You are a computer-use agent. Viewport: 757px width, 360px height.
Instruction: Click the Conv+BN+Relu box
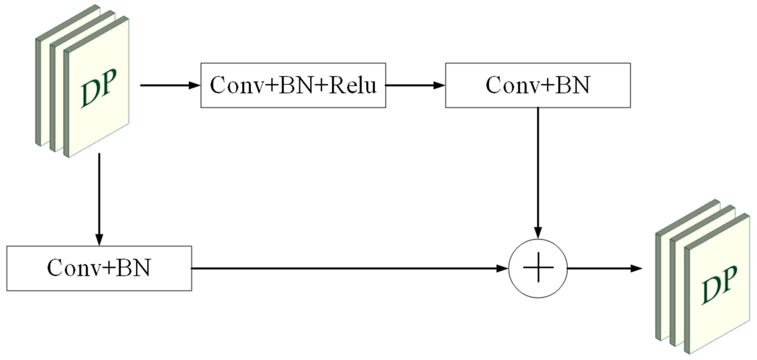(x=293, y=85)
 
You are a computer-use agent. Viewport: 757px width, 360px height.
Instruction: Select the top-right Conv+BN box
(x=537, y=85)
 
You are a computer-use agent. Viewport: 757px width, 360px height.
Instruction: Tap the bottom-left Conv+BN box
(x=99, y=268)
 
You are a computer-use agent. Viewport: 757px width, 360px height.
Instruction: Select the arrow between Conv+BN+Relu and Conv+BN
(x=414, y=86)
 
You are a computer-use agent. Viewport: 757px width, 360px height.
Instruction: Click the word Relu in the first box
(x=353, y=85)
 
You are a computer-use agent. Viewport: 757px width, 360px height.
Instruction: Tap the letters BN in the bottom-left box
(x=134, y=268)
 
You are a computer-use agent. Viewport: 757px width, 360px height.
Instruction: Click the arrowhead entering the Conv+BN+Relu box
(x=194, y=86)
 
